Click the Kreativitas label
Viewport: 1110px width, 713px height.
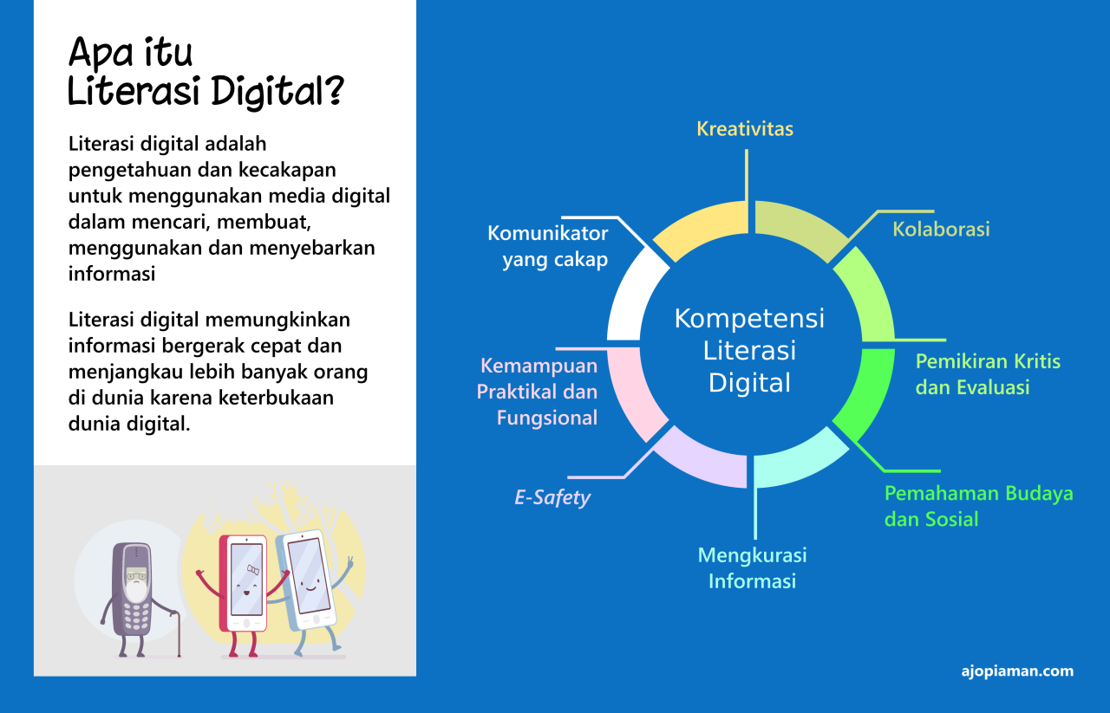745,129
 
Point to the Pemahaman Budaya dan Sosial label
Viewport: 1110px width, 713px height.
978,506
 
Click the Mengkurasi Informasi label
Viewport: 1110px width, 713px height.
752,567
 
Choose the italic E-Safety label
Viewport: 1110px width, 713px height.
552,498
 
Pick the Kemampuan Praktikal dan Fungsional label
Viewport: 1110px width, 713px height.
538,392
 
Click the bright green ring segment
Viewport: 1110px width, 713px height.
867,394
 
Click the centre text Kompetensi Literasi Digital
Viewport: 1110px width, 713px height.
750,350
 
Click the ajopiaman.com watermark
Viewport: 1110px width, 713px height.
1017,671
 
